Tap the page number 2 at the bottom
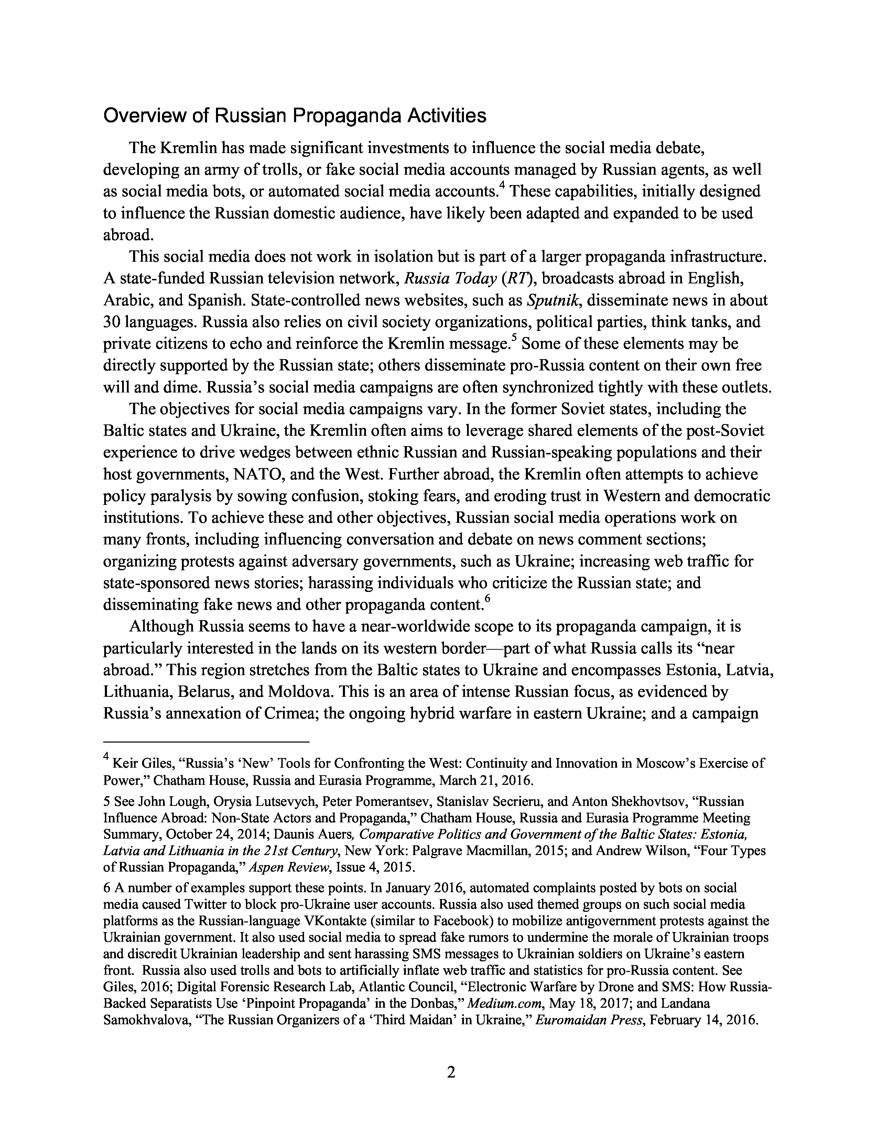[451, 1072]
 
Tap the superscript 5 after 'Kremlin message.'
[514, 338]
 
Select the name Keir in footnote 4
[123, 764]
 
